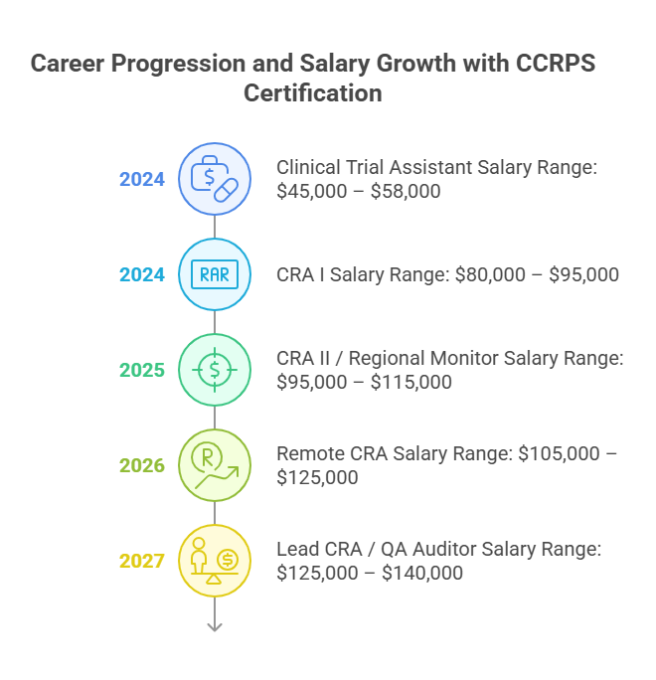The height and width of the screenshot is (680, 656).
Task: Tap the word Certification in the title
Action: (312, 93)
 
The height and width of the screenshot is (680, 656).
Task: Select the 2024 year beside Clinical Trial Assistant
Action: (142, 180)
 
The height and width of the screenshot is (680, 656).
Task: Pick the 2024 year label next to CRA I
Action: (142, 275)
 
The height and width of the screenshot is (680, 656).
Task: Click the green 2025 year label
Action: (142, 370)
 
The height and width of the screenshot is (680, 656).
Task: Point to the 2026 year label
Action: (142, 465)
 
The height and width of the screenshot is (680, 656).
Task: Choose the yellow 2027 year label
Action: (142, 561)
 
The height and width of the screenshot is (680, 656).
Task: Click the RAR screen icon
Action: (214, 275)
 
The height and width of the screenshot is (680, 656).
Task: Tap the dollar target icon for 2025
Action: (214, 370)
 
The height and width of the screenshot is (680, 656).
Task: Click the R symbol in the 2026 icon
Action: (208, 458)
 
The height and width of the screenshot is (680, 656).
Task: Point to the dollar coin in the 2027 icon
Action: (227, 561)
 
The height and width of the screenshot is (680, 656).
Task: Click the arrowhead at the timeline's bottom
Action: (214, 626)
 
